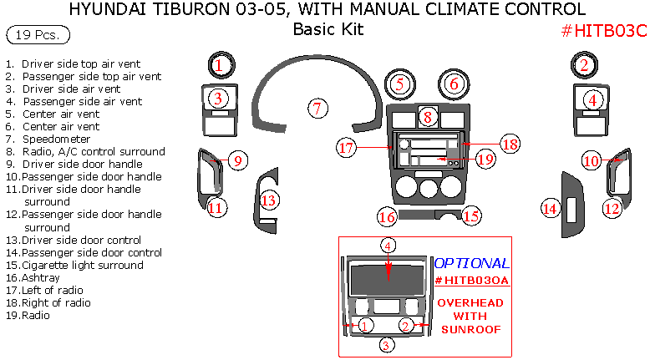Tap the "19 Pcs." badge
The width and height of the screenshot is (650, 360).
tap(38, 35)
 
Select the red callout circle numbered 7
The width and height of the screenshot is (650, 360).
tap(317, 108)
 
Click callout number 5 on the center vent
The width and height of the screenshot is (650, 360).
tap(400, 84)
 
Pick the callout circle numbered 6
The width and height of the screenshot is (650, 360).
tap(454, 84)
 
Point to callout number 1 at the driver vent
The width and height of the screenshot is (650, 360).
tap(218, 64)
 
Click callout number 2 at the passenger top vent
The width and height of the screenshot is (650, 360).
tap(585, 65)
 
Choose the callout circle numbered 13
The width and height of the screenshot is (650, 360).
tap(268, 200)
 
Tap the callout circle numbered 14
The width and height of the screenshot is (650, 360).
tap(549, 207)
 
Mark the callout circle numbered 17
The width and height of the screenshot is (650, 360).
tap(347, 148)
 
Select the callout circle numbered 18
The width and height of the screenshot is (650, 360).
tap(510, 144)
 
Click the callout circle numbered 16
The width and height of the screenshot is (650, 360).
tap(386, 217)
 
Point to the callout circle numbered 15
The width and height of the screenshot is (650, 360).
tap(472, 216)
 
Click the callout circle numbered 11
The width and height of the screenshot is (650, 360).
tap(216, 208)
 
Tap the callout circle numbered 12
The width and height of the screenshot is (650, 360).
tap(612, 208)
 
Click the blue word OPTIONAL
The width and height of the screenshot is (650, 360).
tap(472, 263)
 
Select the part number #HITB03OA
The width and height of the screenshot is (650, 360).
tap(471, 281)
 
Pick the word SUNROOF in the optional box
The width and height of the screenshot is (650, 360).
tap(470, 329)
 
